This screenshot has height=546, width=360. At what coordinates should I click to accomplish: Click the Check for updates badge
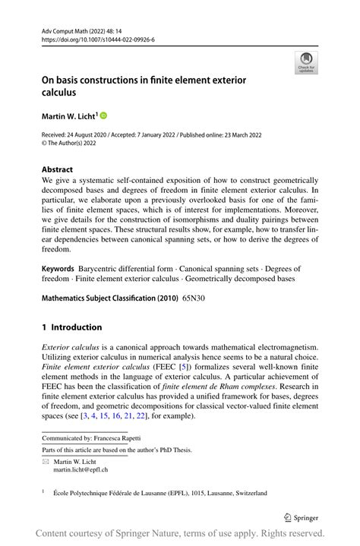(x=306, y=63)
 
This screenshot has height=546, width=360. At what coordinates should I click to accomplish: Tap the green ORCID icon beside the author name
(x=103, y=115)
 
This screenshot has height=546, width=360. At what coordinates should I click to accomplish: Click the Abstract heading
(x=58, y=169)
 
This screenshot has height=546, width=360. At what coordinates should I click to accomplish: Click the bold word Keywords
(x=58, y=269)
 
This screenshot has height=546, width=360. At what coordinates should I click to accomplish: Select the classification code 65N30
(x=193, y=297)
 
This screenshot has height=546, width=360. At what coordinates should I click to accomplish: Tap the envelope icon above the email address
(x=46, y=461)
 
